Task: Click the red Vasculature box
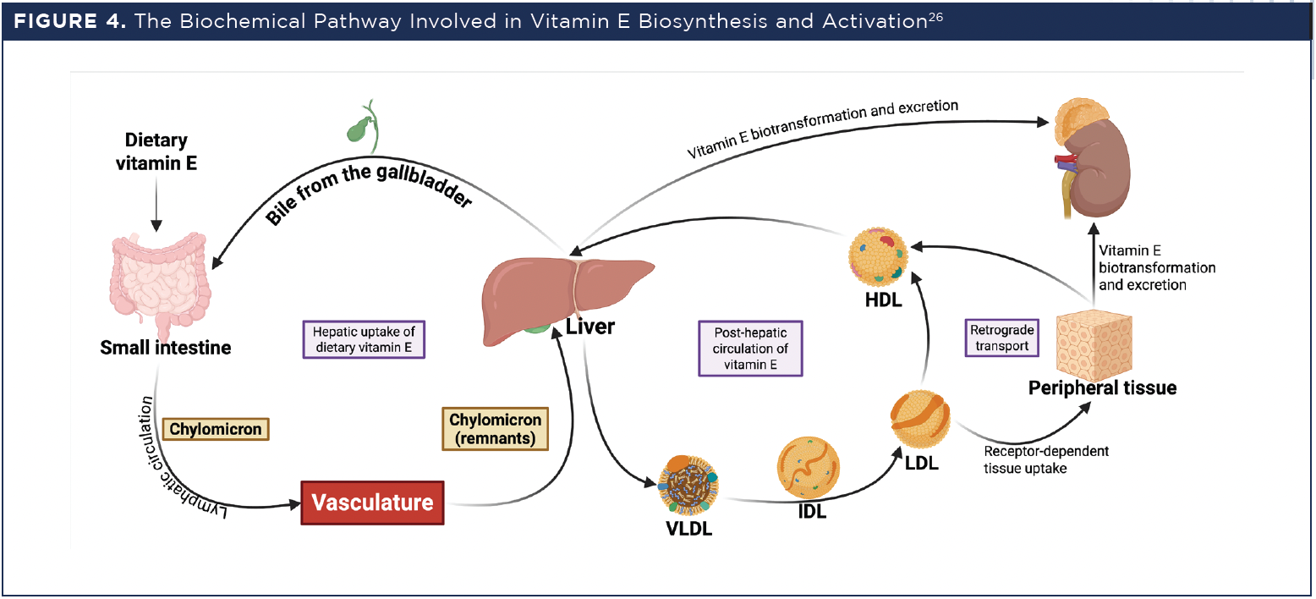pos(372,502)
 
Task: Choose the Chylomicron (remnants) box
pos(495,428)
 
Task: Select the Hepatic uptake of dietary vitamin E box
pos(363,339)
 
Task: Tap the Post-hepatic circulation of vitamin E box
pos(749,348)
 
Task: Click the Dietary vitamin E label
pos(156,151)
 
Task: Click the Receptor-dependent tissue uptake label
pos(1045,459)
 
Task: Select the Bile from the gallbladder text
pos(368,187)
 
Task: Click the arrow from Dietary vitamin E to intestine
pos(156,203)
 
